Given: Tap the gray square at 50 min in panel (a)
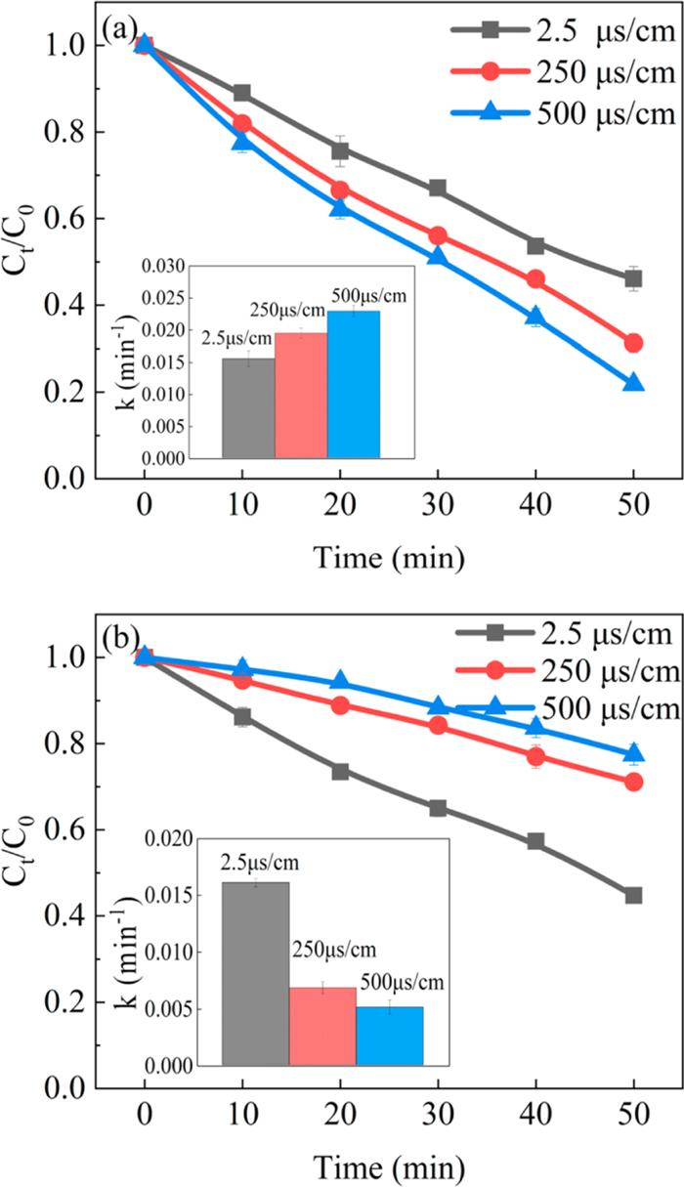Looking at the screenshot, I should tap(633, 279).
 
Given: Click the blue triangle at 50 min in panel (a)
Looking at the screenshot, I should tap(633, 383).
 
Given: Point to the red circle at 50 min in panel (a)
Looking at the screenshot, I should tap(633, 343).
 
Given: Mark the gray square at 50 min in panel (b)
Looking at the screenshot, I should tap(633, 895).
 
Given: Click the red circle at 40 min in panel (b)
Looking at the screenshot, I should tap(535, 756).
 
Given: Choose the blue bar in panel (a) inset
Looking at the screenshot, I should tap(354, 384).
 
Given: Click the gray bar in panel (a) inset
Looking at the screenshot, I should tap(248, 407).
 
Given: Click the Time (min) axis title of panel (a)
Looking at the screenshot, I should tap(389, 557).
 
